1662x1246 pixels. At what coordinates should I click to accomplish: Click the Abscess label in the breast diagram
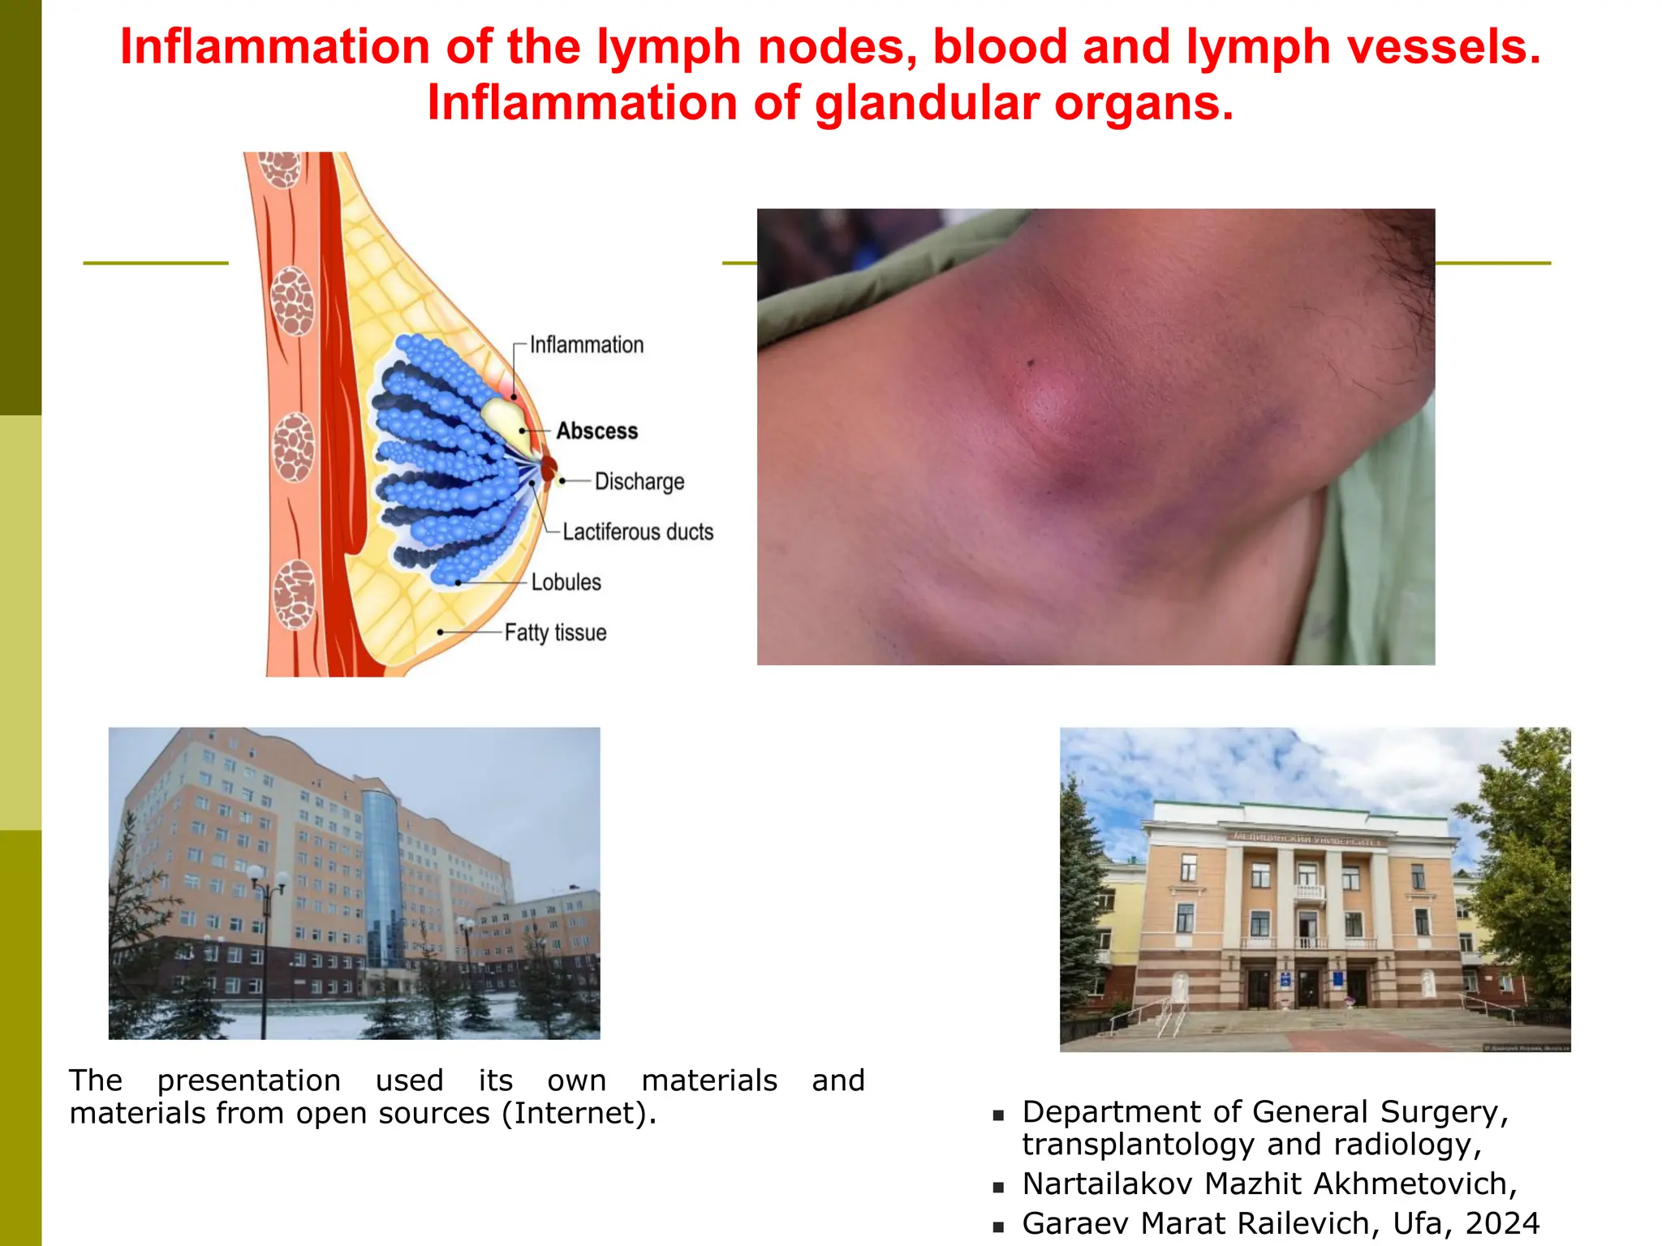(596, 431)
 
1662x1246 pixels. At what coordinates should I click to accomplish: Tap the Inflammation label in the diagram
(586, 345)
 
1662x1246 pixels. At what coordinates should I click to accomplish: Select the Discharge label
(639, 481)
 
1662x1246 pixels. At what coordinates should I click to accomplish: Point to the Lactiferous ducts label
(638, 532)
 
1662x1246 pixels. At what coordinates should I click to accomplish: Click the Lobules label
(566, 582)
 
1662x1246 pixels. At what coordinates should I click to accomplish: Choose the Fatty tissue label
(555, 633)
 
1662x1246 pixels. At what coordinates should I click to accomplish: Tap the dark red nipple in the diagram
(549, 468)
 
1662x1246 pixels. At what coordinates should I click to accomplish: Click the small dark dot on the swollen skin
(1031, 363)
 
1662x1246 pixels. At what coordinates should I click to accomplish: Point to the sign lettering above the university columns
(1306, 839)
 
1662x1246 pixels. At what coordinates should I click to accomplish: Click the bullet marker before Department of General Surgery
(998, 1115)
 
